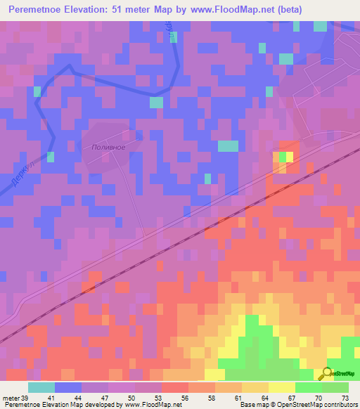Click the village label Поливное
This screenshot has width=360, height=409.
point(108,147)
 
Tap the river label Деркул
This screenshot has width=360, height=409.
point(22,173)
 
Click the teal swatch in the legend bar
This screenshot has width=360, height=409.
point(41,388)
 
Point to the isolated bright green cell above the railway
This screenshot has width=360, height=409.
point(283,157)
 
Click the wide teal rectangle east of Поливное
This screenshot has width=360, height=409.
point(228,145)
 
